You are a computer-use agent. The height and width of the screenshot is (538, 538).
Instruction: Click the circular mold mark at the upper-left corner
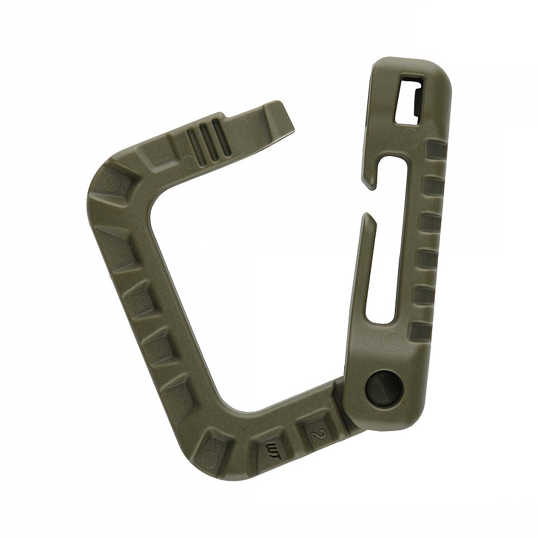112,182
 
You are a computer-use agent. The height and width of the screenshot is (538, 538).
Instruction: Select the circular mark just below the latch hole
410,134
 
